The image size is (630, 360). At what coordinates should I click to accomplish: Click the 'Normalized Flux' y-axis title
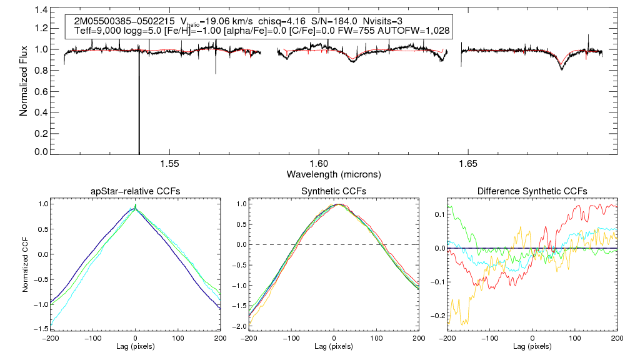click(x=24, y=81)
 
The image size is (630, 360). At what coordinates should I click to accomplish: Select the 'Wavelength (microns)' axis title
click(x=334, y=174)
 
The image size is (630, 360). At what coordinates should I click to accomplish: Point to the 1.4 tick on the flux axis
click(x=39, y=11)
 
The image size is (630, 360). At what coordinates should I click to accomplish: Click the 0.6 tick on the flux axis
click(x=39, y=92)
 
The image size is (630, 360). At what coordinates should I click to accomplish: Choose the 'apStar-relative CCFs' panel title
click(x=136, y=191)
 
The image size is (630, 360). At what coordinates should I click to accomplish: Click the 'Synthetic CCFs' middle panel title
click(x=334, y=191)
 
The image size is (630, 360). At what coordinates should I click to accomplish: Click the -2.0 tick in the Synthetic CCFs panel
click(x=238, y=327)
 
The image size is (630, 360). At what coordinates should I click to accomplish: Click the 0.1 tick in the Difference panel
click(x=439, y=214)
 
